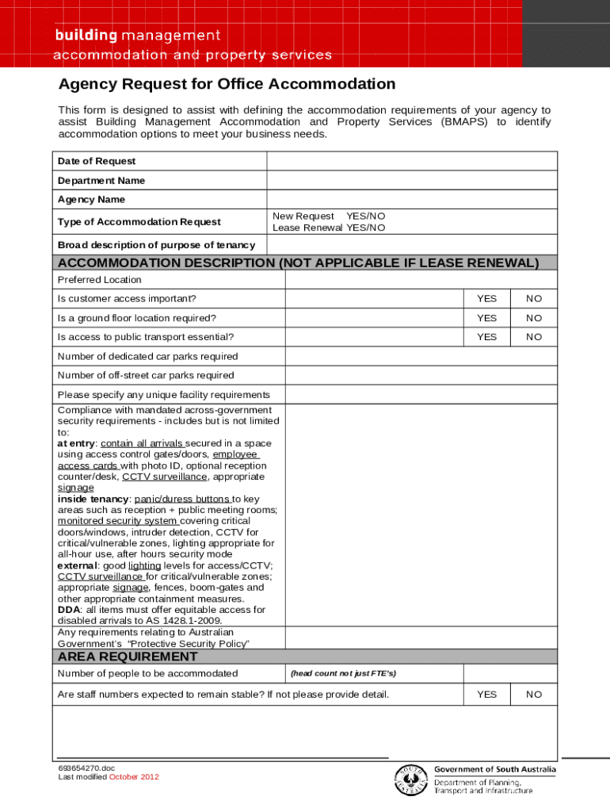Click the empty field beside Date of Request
coord(412,161)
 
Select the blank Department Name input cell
coord(412,181)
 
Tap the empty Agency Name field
coord(412,199)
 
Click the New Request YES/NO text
coord(329,216)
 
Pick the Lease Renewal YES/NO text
coord(329,228)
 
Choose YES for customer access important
coord(486,299)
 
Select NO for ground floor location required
coord(534,318)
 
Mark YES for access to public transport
coord(486,337)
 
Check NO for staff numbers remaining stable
coord(534,695)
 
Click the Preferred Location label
coord(100,280)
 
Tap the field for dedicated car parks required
coord(420,357)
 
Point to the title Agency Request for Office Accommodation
coord(227,84)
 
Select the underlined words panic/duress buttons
coord(183,500)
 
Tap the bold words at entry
coord(76,444)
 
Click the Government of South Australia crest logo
coord(410,781)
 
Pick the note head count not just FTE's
coord(343,674)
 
